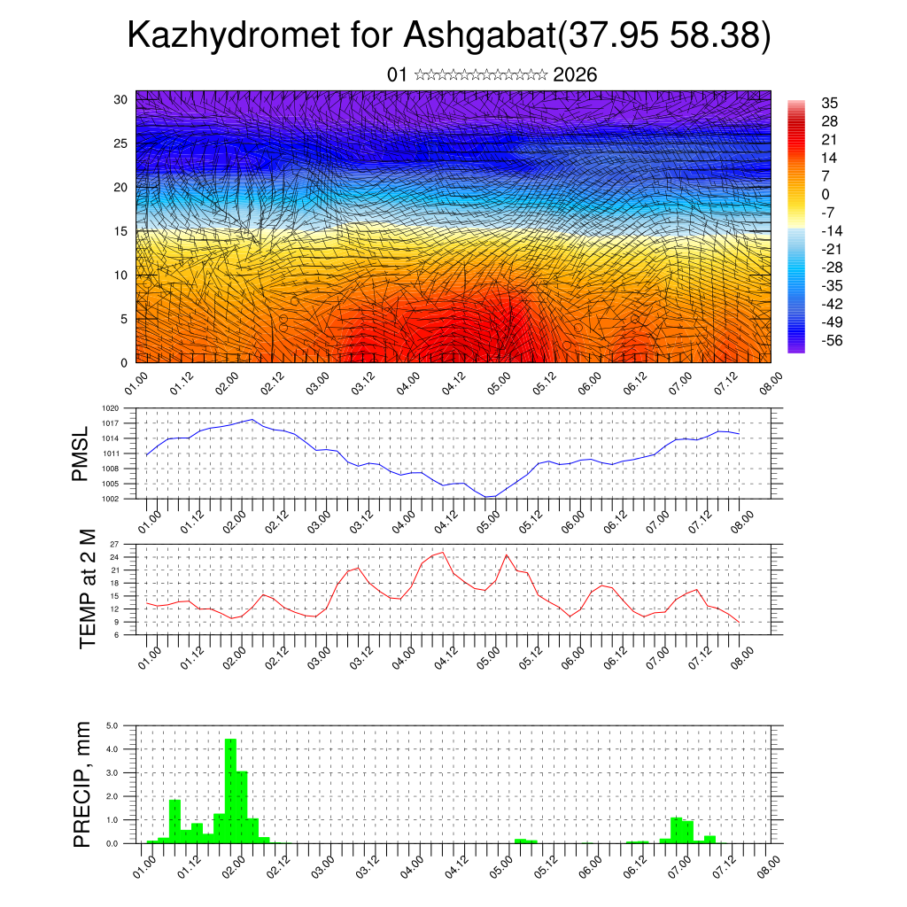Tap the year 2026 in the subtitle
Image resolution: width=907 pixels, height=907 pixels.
pyautogui.click(x=575, y=75)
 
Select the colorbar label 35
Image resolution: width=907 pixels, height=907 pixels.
pyautogui.click(x=830, y=103)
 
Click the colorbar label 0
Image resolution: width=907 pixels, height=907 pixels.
pyautogui.click(x=826, y=194)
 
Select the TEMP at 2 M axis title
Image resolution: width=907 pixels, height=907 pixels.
pyautogui.click(x=88, y=589)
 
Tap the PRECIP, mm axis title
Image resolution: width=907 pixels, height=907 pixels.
pyautogui.click(x=82, y=785)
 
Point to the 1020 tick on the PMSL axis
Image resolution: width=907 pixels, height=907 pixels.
pyautogui.click(x=111, y=409)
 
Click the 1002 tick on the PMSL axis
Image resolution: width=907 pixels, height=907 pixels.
pyautogui.click(x=111, y=499)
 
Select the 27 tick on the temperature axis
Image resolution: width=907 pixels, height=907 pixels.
pyautogui.click(x=113, y=544)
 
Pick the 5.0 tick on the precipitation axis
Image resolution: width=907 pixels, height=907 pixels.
pyautogui.click(x=112, y=725)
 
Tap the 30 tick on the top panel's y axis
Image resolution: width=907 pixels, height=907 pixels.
pyautogui.click(x=121, y=99)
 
